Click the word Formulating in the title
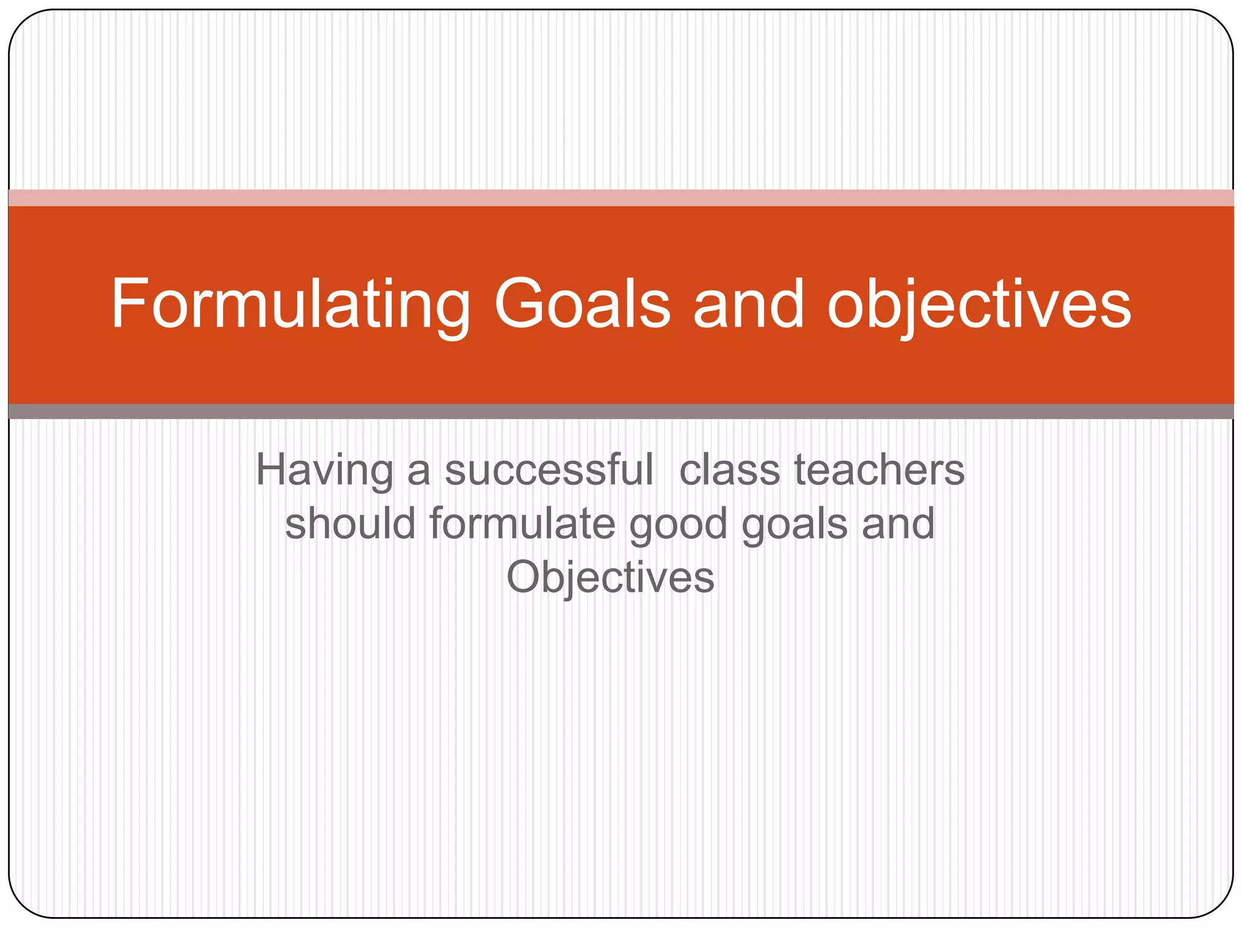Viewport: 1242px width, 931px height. coord(290,304)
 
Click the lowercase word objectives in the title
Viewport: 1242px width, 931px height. coord(979,304)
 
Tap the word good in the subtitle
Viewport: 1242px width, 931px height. coord(677,525)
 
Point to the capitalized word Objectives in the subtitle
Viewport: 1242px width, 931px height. coord(610,578)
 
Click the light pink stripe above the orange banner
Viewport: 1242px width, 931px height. coord(621,198)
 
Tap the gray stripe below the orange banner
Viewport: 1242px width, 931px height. coord(621,412)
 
